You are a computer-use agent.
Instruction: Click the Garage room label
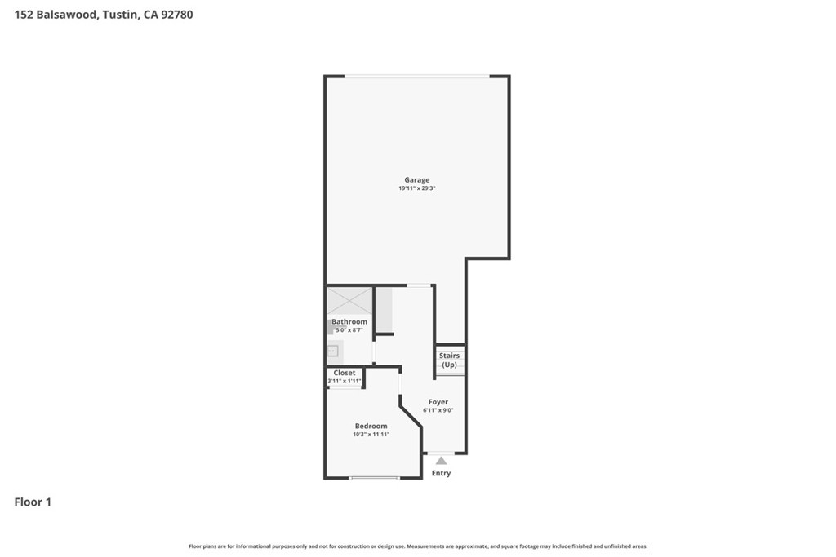coord(416,180)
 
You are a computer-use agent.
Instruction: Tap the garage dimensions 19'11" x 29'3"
coord(417,188)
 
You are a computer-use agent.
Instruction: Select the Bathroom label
coord(349,321)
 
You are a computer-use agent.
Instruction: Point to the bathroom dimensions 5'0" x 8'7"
coord(349,330)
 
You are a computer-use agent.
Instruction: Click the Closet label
coord(345,373)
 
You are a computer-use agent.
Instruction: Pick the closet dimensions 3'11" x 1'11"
coord(345,382)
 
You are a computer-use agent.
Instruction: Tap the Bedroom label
coord(371,426)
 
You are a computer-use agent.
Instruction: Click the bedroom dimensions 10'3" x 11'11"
coord(371,435)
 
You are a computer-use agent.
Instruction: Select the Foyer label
coord(438,402)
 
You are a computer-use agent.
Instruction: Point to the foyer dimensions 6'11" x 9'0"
coord(438,410)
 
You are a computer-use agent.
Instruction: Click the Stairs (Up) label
coord(450,360)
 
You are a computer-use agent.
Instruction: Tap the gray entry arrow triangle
coord(441,461)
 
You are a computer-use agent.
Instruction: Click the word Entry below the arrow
coord(441,473)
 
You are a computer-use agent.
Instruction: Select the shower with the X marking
coord(349,302)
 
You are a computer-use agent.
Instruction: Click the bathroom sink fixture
coord(333,351)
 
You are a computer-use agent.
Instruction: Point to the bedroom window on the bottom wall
coord(374,478)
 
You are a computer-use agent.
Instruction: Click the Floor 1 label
coord(33,502)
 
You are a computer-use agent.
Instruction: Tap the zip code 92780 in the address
coord(177,15)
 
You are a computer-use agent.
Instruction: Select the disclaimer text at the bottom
coord(418,546)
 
